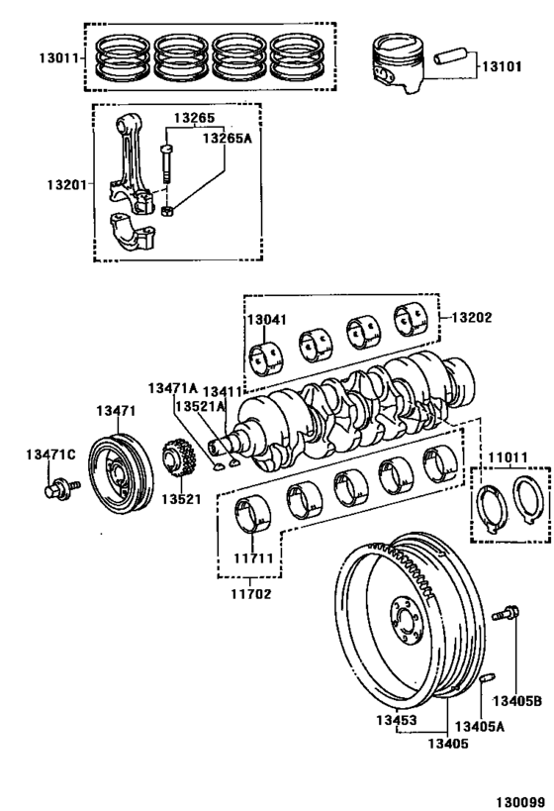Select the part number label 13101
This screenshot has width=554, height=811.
coord(504,67)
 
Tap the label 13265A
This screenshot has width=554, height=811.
coord(227,139)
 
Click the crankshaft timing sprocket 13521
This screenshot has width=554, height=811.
coord(179,460)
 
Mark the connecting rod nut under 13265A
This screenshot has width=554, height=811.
coord(168,209)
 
